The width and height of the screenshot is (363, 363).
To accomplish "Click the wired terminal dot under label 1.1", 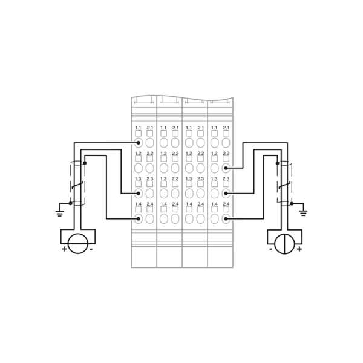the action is pyautogui.click(x=138, y=143).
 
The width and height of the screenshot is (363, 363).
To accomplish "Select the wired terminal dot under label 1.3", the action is pyautogui.click(x=138, y=194).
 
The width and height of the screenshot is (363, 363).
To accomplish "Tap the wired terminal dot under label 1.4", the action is pyautogui.click(x=138, y=218).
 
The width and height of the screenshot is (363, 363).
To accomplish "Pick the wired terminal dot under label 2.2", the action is pyautogui.click(x=226, y=168).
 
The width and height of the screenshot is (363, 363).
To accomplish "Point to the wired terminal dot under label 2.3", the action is pyautogui.click(x=226, y=194).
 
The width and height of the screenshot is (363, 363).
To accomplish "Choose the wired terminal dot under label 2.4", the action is pyautogui.click(x=226, y=218).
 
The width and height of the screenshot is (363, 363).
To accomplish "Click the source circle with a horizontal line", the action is pyautogui.click(x=78, y=244).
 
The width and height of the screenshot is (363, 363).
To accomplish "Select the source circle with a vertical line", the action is pyautogui.click(x=285, y=244).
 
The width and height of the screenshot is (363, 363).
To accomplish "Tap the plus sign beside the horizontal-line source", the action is pyautogui.click(x=64, y=249).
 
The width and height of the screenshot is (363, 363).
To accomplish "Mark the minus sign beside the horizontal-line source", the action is pyautogui.click(x=91, y=249).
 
